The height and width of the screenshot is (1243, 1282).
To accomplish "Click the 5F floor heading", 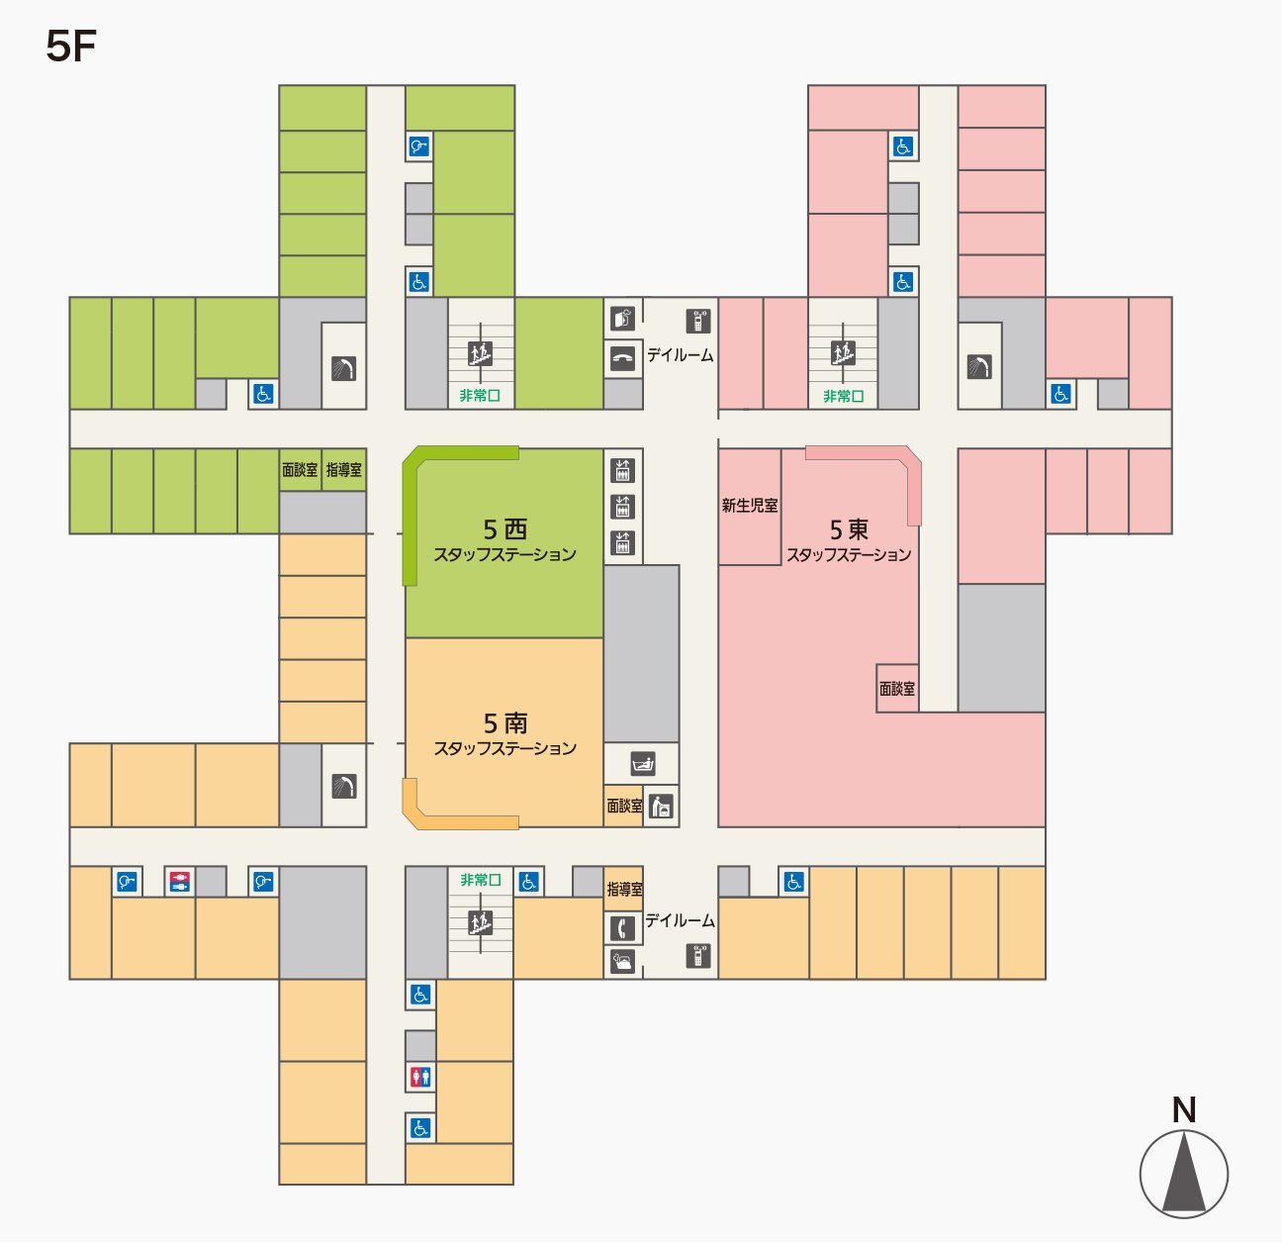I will [x=70, y=47].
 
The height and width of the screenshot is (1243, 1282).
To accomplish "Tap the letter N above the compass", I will [x=1183, y=1109].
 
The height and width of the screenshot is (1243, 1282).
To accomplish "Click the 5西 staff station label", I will [x=504, y=540].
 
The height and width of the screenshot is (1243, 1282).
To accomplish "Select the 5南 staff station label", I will [x=504, y=734].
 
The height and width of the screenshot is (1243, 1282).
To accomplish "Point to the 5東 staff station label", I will [x=849, y=540].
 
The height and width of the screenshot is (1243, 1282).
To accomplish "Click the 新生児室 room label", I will [x=749, y=506].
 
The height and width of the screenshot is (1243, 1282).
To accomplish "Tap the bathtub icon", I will [x=643, y=764].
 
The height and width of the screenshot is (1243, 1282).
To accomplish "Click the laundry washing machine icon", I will [x=662, y=806].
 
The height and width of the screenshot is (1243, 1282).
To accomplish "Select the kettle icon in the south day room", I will [x=622, y=961].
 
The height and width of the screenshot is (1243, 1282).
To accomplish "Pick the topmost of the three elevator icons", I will [x=622, y=470].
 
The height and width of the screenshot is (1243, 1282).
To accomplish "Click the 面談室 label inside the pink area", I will [x=896, y=689].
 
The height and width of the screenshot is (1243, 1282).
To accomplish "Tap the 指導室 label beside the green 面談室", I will [x=344, y=470].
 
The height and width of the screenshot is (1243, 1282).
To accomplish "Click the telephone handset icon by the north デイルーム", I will [x=622, y=358].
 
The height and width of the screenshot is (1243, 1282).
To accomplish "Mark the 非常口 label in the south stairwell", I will [x=480, y=880].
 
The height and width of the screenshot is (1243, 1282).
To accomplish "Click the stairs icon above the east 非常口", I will [x=843, y=352].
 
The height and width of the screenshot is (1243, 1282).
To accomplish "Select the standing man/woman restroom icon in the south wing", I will [x=420, y=1077].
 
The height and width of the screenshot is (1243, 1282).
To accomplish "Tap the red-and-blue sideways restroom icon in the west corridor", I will [x=179, y=881].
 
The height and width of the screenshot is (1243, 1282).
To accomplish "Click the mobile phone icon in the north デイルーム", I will [x=698, y=321].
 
